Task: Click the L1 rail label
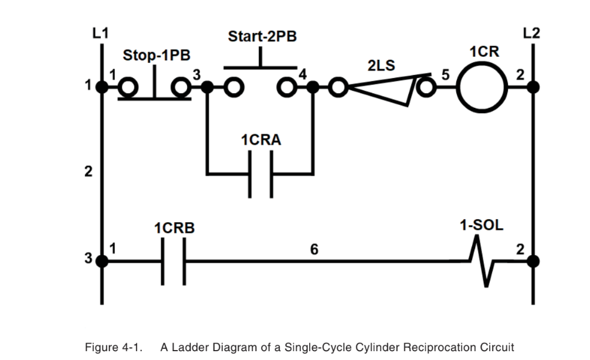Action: [100, 33]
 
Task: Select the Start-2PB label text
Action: [262, 36]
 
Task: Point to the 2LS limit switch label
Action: [381, 66]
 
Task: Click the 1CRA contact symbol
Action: [260, 174]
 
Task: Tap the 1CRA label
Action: [261, 141]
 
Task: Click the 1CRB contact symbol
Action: [174, 261]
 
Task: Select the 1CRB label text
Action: [174, 229]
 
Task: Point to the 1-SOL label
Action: [482, 226]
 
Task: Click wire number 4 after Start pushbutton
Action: [303, 75]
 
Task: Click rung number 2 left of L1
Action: [89, 172]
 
